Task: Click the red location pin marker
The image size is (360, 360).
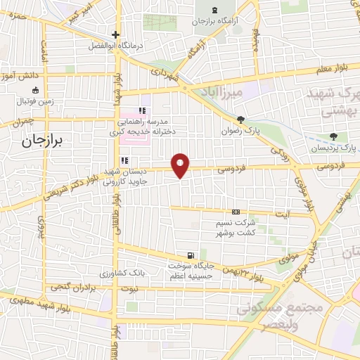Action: point(182,164)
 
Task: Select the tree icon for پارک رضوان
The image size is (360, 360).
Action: point(241,119)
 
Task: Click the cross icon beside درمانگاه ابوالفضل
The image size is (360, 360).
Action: point(116,35)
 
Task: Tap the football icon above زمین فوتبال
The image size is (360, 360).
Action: point(33,90)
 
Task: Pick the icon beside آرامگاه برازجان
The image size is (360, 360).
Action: point(214,11)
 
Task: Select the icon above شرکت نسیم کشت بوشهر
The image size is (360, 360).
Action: point(236,212)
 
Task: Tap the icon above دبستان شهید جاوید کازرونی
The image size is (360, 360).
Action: point(124,160)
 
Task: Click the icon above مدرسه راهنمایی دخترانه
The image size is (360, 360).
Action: point(143,110)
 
